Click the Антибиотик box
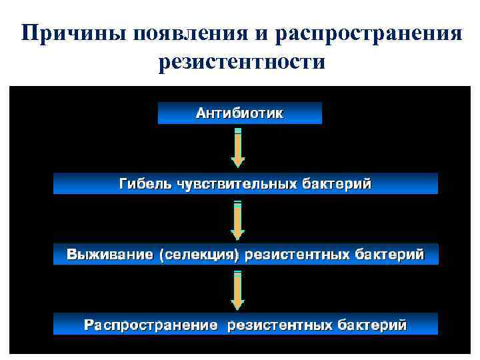pyautogui.click(x=239, y=113)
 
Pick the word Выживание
pyautogui.click(x=109, y=255)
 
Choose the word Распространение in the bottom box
pyautogui.click(x=151, y=325)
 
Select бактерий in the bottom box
pyautogui.click(x=371, y=325)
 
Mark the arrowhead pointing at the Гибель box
pyautogui.click(x=238, y=162)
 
